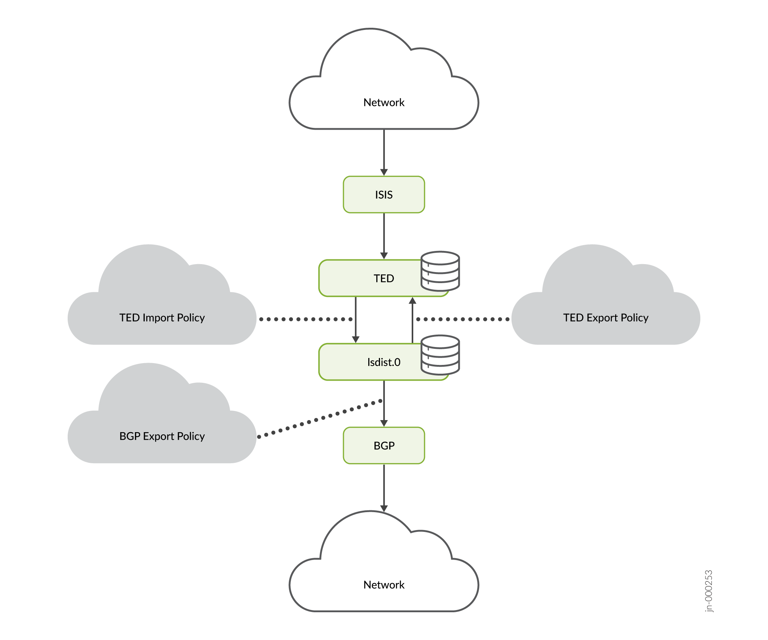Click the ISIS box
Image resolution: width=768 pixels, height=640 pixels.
384,195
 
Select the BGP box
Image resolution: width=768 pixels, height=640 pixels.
384,446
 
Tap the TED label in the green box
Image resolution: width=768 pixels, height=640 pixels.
384,278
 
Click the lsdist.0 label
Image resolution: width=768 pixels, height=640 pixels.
384,362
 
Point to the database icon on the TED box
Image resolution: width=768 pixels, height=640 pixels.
440,271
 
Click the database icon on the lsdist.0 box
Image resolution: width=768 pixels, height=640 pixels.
440,355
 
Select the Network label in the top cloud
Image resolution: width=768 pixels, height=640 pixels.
384,103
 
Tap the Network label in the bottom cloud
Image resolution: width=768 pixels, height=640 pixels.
384,585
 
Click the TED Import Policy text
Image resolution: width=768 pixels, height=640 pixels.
162,318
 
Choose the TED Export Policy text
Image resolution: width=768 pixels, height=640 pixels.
606,318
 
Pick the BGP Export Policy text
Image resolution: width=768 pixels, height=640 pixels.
162,436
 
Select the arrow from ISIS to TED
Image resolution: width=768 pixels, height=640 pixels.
384,236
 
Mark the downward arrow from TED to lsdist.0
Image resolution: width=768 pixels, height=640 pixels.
355,320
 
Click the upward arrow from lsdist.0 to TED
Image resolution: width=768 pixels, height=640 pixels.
413,320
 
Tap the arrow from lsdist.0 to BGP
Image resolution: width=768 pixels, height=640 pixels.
384,404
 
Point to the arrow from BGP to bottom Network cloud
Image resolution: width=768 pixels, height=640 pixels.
384,488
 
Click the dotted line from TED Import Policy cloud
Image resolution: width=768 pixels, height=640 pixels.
306,319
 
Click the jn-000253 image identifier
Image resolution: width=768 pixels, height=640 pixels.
709,591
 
